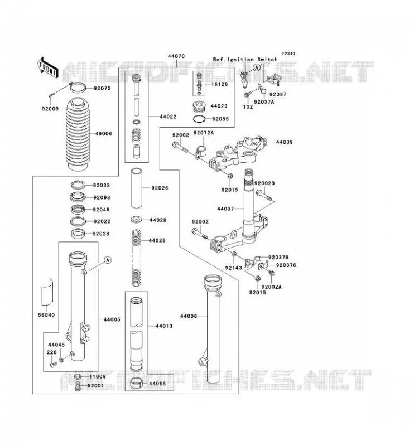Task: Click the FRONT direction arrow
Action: [47, 67]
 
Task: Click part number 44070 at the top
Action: [176, 56]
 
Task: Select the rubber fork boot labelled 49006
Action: [77, 134]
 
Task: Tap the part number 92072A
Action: [204, 133]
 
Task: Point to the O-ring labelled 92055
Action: [200, 119]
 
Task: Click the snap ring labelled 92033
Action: [78, 185]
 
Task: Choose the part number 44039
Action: [284, 142]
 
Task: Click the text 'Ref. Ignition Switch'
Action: [245, 60]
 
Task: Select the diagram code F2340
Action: [288, 54]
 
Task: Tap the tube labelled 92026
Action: [136, 188]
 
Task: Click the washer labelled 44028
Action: [137, 220]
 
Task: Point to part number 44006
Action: [189, 316]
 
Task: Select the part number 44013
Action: [164, 326]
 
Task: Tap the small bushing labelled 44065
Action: [136, 383]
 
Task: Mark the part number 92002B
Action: [264, 183]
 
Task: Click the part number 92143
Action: [233, 268]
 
